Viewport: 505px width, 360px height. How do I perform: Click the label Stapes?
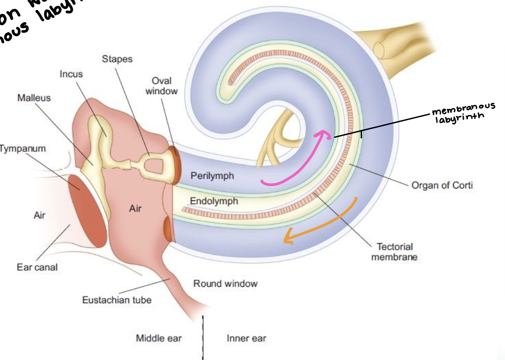(117, 59)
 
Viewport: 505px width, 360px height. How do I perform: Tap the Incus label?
(71, 74)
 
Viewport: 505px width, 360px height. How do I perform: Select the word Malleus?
(34, 97)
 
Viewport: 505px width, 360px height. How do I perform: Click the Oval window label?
(165, 86)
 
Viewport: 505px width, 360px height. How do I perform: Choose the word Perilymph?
(212, 176)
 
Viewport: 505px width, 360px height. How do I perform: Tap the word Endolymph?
(214, 201)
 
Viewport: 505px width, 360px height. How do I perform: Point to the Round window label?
(225, 283)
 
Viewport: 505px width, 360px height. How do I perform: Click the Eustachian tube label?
(117, 300)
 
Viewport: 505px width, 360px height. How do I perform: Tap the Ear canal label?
(37, 267)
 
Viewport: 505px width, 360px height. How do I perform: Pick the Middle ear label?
(159, 338)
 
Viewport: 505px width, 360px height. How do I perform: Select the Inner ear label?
(246, 338)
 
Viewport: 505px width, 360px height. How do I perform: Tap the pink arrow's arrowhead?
(324, 133)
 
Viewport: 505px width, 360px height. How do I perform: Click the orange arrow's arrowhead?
(287, 239)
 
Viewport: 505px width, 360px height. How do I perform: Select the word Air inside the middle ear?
(135, 208)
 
